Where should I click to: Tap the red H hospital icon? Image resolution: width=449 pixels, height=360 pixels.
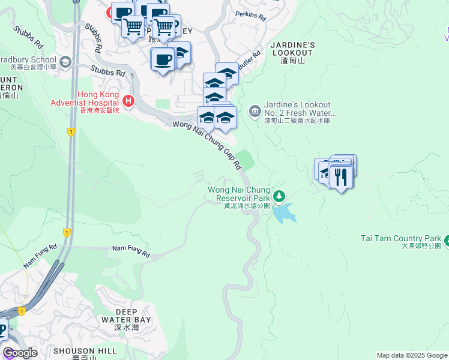coord(127,100)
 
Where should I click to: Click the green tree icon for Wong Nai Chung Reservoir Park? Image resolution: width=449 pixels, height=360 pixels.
coord(279,196)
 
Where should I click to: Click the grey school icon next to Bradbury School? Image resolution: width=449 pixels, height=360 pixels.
coord(65,61)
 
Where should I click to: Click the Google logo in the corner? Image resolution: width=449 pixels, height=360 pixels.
coord(20,353)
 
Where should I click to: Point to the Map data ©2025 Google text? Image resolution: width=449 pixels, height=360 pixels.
coord(412,355)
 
